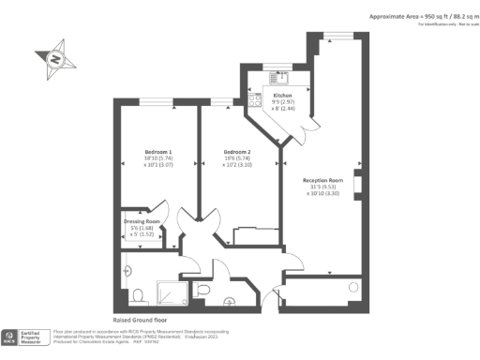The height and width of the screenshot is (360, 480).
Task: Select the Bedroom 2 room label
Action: [x=236, y=152]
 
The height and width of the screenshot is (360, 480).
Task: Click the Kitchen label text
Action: [x=282, y=96]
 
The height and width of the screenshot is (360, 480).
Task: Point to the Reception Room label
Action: [x=322, y=180]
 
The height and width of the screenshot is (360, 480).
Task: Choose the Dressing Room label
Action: [x=142, y=222]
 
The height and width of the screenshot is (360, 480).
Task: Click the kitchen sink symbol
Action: [x=280, y=76]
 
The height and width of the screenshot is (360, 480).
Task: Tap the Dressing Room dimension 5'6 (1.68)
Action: [x=141, y=229]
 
